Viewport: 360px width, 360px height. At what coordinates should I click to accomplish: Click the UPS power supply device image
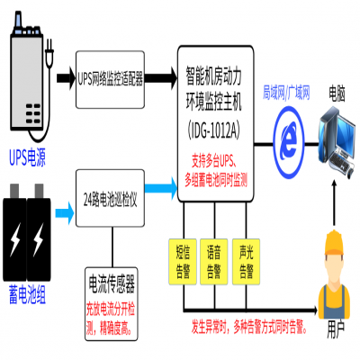tap(28, 76)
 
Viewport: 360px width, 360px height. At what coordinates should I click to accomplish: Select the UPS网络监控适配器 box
tap(110, 78)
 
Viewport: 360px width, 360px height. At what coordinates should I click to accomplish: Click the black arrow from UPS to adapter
tap(66, 78)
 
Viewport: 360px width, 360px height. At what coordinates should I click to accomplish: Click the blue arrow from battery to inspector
tap(65, 212)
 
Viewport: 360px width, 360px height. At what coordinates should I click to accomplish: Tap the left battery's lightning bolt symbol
tap(17, 241)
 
